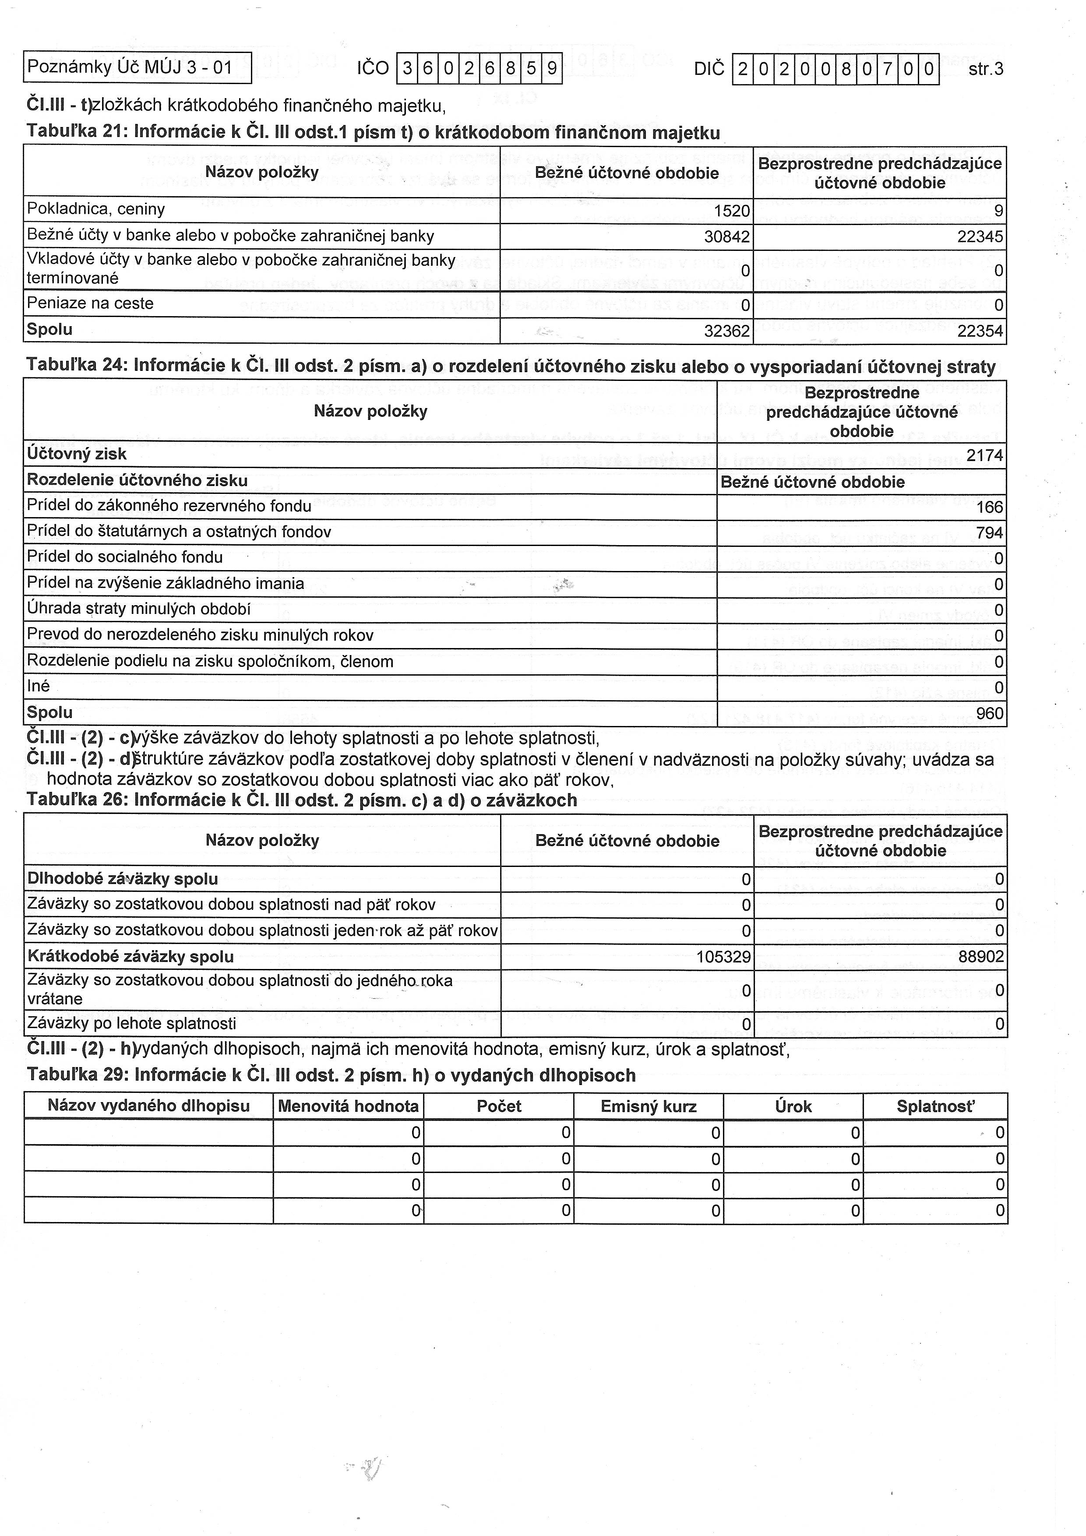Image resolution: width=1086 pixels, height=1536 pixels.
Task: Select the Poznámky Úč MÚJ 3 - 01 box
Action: pos(137,67)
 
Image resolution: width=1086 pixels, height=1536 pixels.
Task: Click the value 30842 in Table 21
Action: pos(727,237)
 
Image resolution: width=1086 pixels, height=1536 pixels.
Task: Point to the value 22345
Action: pos(981,237)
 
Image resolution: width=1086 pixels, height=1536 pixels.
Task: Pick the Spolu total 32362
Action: pos(727,331)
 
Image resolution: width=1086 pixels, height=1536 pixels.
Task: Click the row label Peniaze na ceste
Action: pos(90,304)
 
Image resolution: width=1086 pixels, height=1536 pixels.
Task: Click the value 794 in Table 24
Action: pos(990,533)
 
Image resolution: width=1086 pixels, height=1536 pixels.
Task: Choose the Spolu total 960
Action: pos(990,714)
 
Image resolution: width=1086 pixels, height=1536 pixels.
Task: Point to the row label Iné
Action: pos(38,687)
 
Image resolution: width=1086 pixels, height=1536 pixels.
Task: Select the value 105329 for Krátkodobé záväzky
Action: pos(723,957)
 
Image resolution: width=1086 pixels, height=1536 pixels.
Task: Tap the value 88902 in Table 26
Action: pos(981,957)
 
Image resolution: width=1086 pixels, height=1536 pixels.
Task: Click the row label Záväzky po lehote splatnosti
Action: pos(132,1024)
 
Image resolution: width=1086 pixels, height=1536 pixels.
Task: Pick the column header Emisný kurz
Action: pos(649,1106)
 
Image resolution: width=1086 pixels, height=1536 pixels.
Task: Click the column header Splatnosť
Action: pos(935,1106)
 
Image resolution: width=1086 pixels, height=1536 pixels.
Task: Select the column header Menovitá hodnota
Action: pos(348,1106)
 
